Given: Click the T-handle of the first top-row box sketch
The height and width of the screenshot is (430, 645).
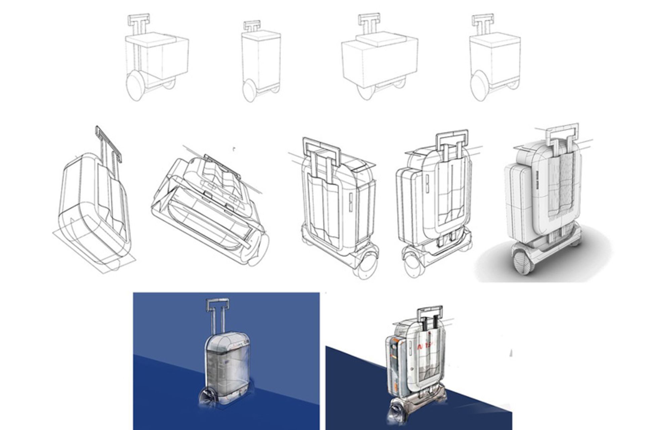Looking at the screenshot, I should [x=138, y=19].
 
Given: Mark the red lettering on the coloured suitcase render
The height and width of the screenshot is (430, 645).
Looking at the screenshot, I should [x=424, y=346].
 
